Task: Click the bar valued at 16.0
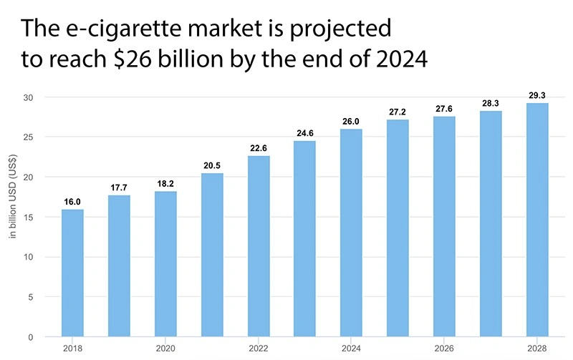pyautogui.click(x=72, y=273)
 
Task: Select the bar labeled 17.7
pyautogui.click(x=119, y=266)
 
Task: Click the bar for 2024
pyautogui.click(x=352, y=233)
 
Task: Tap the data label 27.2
pyautogui.click(x=398, y=112)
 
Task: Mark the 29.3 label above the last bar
pyautogui.click(x=538, y=94)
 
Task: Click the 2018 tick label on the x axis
pyautogui.click(x=72, y=347)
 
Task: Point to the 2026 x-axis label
pyautogui.click(x=445, y=347)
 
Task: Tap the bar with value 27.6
pyautogui.click(x=445, y=226)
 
